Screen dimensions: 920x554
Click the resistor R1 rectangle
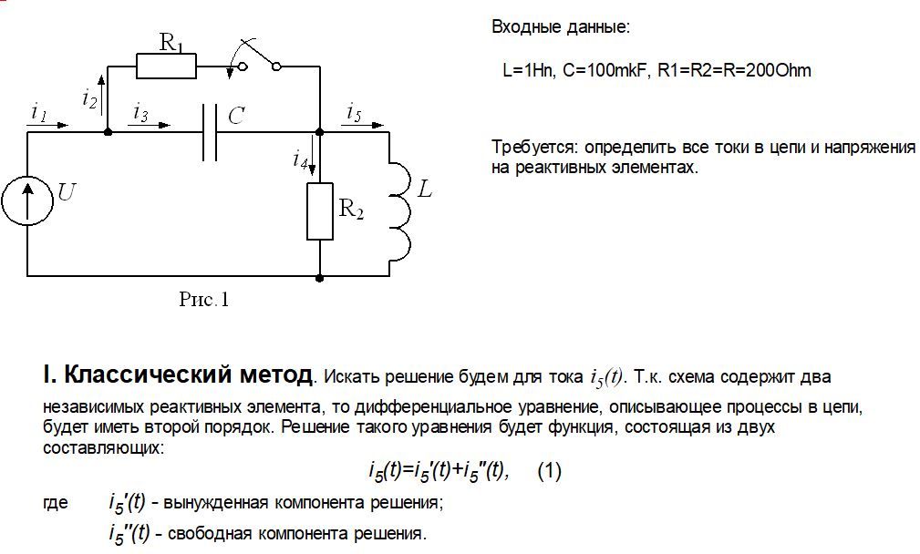167,67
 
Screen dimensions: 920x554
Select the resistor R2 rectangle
320,211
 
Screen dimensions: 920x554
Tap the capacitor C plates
210,132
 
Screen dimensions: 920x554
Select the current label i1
38,112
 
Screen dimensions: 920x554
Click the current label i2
89,98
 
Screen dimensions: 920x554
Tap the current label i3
140,112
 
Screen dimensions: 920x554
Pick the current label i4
300,159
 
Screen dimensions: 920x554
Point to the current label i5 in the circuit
354,112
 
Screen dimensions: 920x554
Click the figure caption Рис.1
203,300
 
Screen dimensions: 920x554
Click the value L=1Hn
528,70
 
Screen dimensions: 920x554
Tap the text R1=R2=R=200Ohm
735,70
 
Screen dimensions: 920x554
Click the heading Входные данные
561,27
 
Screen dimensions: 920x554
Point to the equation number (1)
550,471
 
